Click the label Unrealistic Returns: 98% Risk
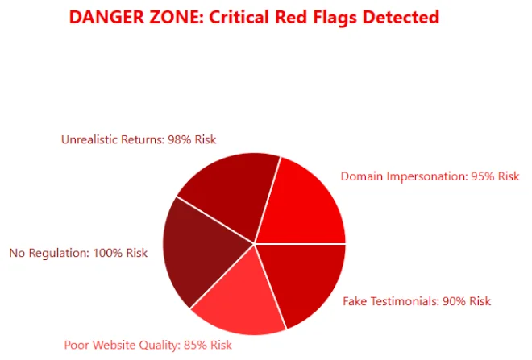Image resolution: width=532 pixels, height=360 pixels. (139, 139)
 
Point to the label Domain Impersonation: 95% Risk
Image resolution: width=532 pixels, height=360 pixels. (430, 176)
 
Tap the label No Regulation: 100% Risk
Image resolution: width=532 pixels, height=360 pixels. (78, 253)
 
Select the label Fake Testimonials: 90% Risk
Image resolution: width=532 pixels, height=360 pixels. (417, 301)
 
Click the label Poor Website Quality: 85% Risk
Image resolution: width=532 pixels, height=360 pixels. (148, 345)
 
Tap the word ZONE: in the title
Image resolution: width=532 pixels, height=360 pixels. (177, 17)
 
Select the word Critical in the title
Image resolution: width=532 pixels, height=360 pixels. (239, 17)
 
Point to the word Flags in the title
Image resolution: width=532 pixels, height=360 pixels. (335, 18)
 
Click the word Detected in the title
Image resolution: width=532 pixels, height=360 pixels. (401, 17)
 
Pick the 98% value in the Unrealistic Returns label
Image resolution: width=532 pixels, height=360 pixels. (180, 139)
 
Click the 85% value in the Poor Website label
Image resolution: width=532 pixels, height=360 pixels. (195, 345)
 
